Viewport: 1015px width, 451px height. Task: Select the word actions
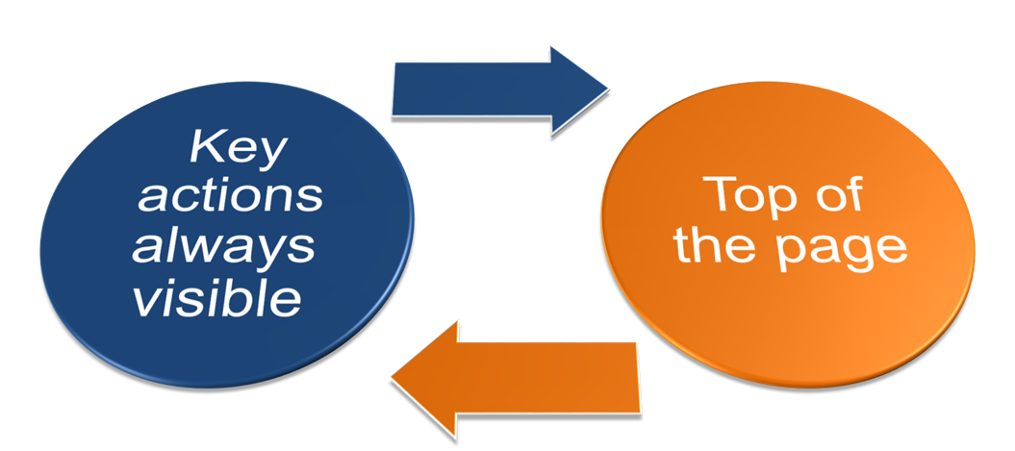click(x=230, y=197)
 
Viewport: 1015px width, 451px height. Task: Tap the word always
click(x=224, y=247)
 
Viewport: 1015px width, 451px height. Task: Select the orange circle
click(x=789, y=308)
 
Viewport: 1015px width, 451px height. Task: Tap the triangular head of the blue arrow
click(x=578, y=89)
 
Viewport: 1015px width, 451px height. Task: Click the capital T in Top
click(x=718, y=195)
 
